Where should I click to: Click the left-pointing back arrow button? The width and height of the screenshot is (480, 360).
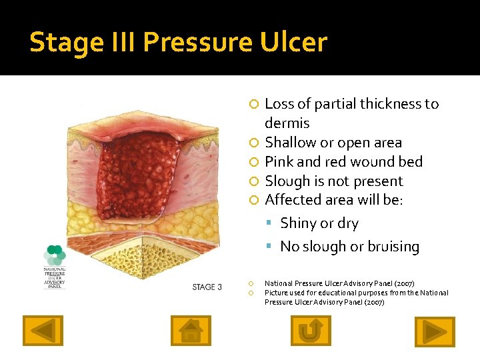pyautogui.click(x=43, y=331)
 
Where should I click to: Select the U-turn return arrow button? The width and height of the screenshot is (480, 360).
pyautogui.click(x=311, y=331)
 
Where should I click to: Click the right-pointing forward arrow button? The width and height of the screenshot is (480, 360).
pyautogui.click(x=435, y=331)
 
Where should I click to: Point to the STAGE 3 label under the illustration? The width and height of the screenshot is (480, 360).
pyautogui.click(x=207, y=287)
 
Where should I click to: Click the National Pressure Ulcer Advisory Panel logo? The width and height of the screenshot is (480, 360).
pyautogui.click(x=55, y=267)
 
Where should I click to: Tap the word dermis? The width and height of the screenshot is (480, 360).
pyautogui.click(x=287, y=123)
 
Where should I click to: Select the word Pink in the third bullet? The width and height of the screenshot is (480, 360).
pyautogui.click(x=279, y=162)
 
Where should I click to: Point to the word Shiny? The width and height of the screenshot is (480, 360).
pyautogui.click(x=299, y=223)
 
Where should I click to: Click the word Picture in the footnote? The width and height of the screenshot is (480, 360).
pyautogui.click(x=276, y=293)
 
